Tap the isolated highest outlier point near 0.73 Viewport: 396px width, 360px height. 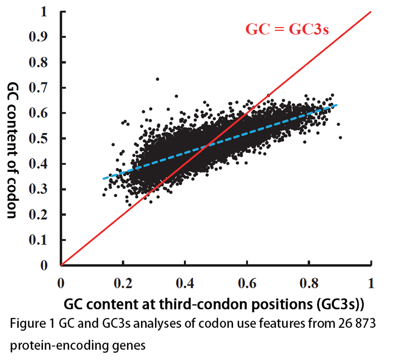[157, 79]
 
